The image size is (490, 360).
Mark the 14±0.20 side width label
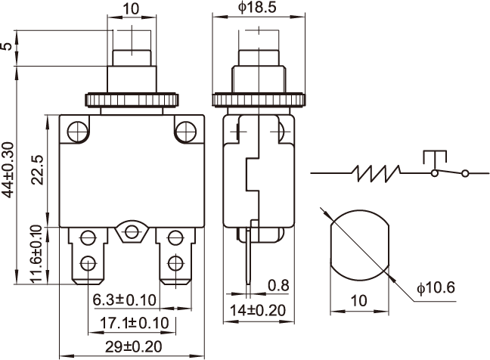pyautogui.click(x=259, y=309)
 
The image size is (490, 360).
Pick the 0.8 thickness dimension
pyautogui.click(x=278, y=286)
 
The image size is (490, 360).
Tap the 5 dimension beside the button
pyautogui.click(x=8, y=48)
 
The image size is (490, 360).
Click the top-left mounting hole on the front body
pyautogui.click(x=75, y=132)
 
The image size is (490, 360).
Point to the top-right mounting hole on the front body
pyautogui.click(x=184, y=132)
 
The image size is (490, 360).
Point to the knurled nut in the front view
pyautogui.click(x=133, y=99)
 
